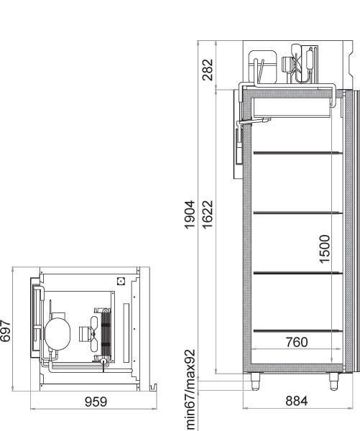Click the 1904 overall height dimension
point(190,215)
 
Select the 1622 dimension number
point(208,214)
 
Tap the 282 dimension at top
point(208,70)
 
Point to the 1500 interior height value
point(325,249)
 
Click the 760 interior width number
point(297,343)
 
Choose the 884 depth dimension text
point(297,401)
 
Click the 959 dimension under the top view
point(96,402)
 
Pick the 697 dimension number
point(5,331)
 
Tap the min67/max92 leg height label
point(190,389)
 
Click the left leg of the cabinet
point(256,381)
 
